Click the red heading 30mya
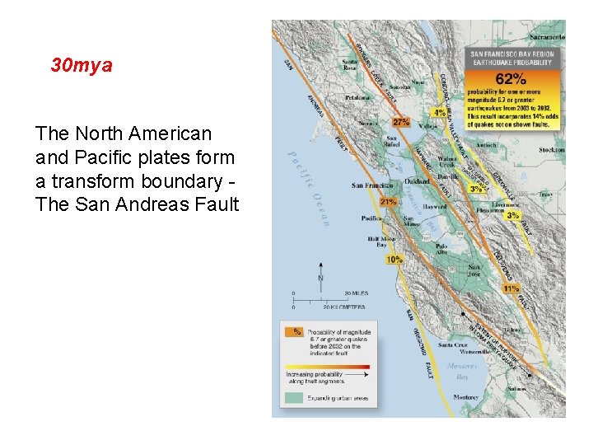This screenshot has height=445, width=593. pyautogui.click(x=81, y=65)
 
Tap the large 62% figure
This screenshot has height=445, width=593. pyautogui.click(x=511, y=79)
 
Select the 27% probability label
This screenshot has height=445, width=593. pyautogui.click(x=401, y=121)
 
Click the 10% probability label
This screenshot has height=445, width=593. pyautogui.click(x=395, y=259)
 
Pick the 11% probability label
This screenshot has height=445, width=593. pyautogui.click(x=511, y=289)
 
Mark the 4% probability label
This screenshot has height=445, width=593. pyautogui.click(x=440, y=113)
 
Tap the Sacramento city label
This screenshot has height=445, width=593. pyautogui.click(x=547, y=37)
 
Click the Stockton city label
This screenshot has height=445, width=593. pyautogui.click(x=552, y=150)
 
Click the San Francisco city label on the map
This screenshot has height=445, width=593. pyautogui.click(x=369, y=185)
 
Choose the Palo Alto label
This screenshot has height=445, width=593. pyautogui.click(x=442, y=248)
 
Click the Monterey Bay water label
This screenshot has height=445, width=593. pyautogui.click(x=461, y=371)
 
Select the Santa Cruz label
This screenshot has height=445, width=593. pyautogui.click(x=453, y=345)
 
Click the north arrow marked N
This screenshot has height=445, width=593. pyautogui.click(x=320, y=278)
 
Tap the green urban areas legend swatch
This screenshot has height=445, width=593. pyautogui.click(x=292, y=397)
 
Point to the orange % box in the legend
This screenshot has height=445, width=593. pyautogui.click(x=293, y=331)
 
